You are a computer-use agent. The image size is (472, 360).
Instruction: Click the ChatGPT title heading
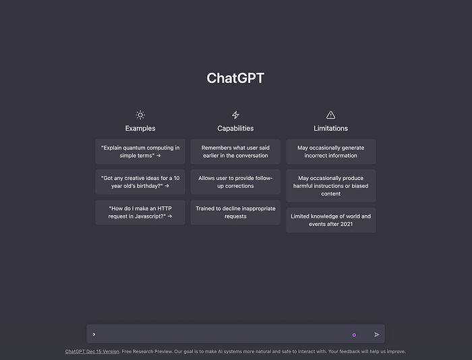coord(235,78)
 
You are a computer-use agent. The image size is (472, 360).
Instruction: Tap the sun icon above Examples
coord(140,115)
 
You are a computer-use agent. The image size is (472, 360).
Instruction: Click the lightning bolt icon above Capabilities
coord(235,115)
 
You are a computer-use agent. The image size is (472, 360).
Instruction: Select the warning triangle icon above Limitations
coord(330,115)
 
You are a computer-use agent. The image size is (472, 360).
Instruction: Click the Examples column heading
coord(140,128)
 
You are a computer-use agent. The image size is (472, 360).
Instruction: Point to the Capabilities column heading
coord(235,128)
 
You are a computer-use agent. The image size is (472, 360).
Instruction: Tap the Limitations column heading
coord(330,128)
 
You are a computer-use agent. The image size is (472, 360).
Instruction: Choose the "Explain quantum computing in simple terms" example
coord(140,151)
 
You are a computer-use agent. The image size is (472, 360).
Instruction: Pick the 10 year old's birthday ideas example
coord(140,182)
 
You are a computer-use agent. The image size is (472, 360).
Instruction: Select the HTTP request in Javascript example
coord(140,212)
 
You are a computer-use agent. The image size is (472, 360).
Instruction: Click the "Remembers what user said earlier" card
coord(235,151)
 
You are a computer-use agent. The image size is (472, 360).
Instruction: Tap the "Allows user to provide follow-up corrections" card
coord(235,182)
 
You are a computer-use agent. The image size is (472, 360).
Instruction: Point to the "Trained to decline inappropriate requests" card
coord(235,212)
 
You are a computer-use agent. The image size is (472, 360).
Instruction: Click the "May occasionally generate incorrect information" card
coord(330,151)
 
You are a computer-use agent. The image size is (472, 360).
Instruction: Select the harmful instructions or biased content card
coord(330,186)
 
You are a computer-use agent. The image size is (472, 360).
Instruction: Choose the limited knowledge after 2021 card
coord(330,220)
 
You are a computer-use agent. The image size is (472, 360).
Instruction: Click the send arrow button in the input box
coord(377,334)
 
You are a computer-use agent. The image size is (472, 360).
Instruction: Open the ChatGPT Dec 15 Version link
coord(92,351)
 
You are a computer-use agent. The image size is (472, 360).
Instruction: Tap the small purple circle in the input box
coord(354,334)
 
